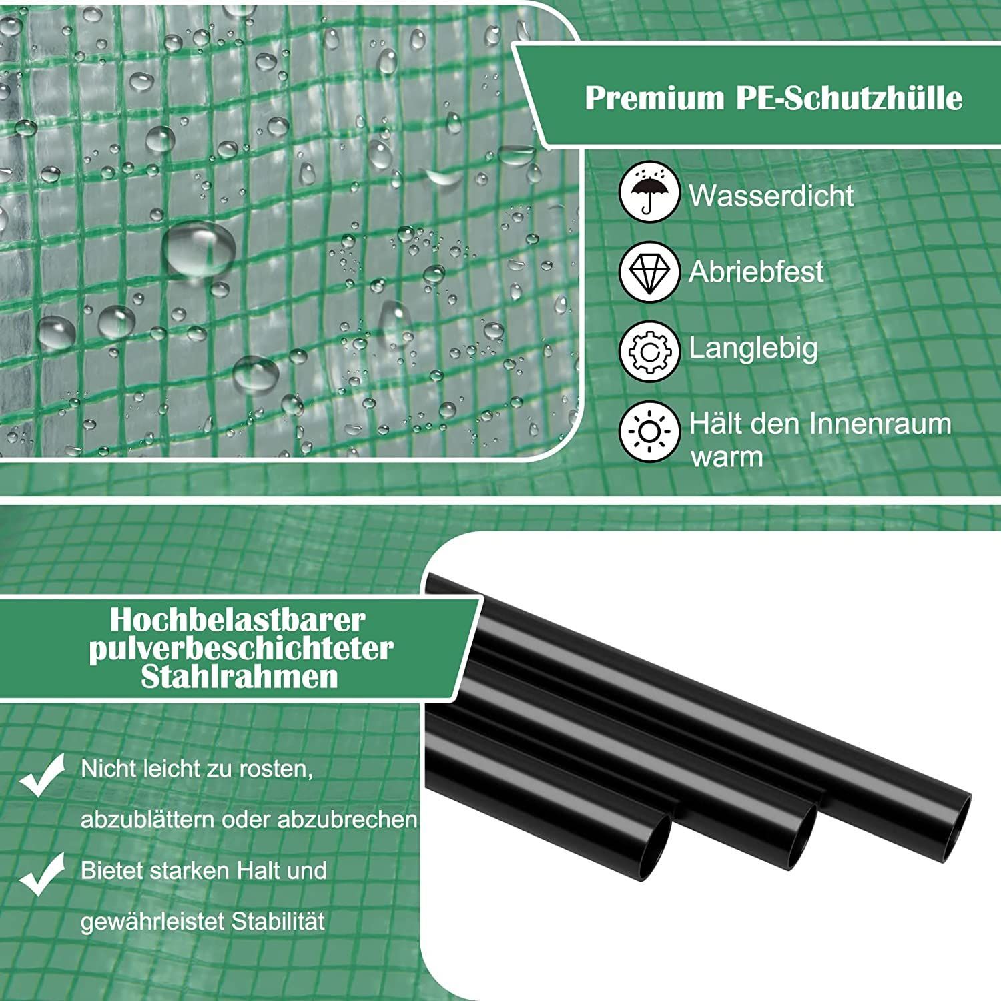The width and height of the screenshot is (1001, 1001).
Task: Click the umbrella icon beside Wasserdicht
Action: [x=649, y=194]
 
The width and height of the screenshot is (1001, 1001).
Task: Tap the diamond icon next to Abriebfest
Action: [x=649, y=272]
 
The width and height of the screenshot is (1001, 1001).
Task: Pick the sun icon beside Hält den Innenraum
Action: [x=649, y=432]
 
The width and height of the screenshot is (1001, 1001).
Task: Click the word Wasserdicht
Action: [x=771, y=196]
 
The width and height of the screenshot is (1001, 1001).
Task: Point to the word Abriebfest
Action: [x=756, y=272]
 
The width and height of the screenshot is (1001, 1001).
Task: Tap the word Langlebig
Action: [x=753, y=348]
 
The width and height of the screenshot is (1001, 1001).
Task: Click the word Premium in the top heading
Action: [x=655, y=98]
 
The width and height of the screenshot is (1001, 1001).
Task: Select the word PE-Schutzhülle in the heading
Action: [x=850, y=98]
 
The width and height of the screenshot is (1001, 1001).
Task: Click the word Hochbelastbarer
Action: [x=238, y=620]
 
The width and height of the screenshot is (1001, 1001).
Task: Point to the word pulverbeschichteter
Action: [x=241, y=649]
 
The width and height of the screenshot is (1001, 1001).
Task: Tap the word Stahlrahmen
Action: [x=240, y=677]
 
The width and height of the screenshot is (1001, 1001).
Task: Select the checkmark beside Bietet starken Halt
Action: [x=43, y=875]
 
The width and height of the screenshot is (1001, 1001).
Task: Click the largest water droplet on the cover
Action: [x=199, y=248]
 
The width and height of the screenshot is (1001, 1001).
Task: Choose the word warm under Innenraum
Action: [x=727, y=458]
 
